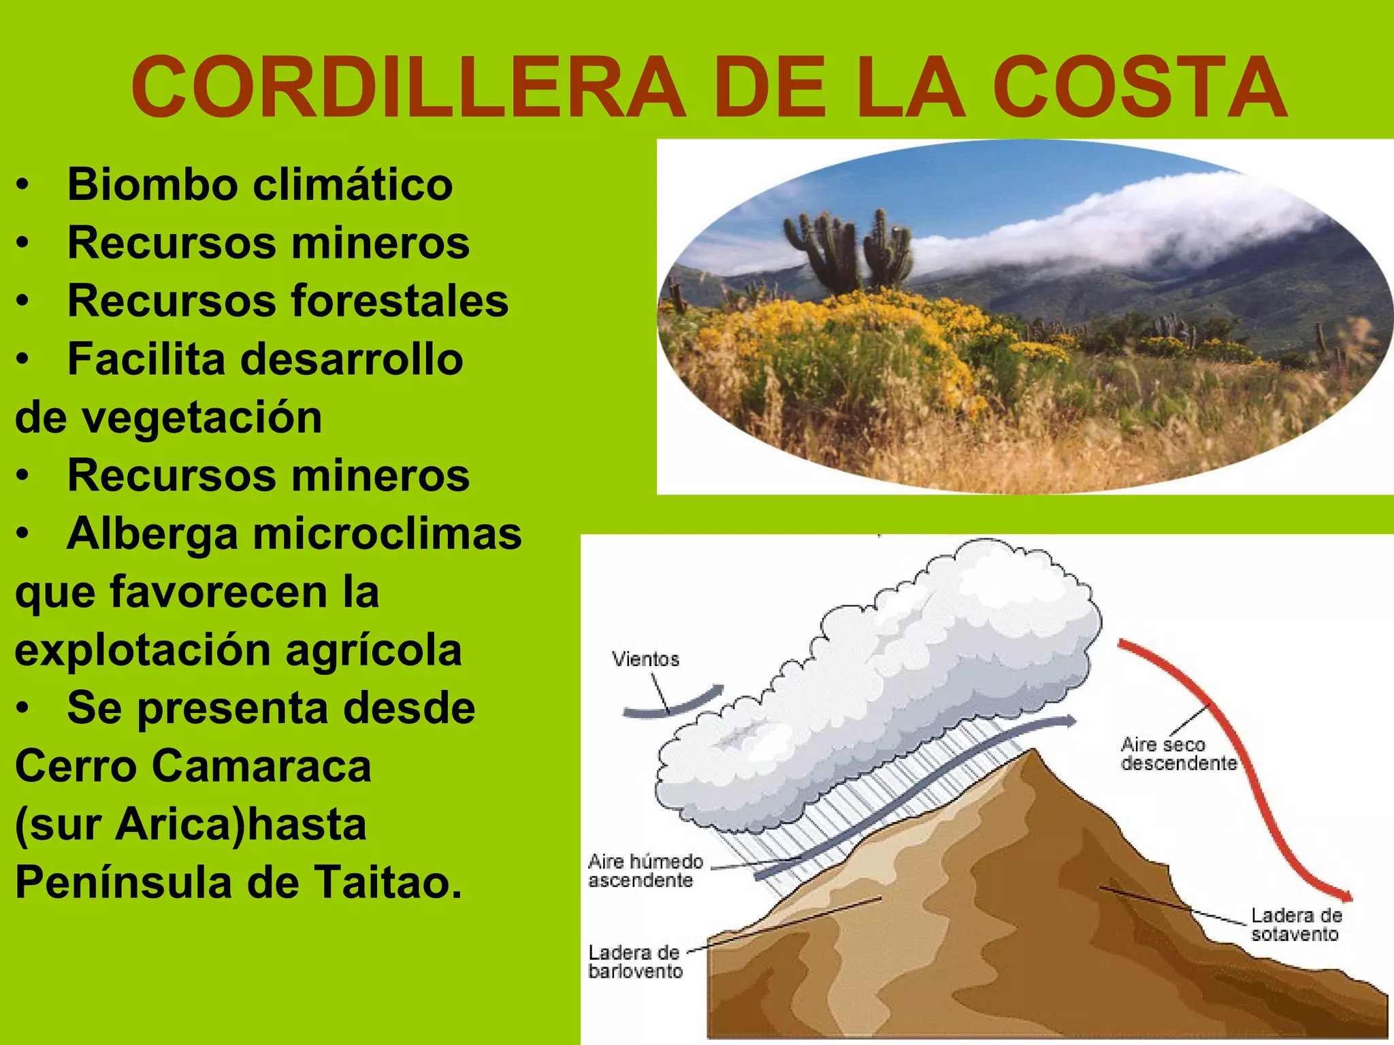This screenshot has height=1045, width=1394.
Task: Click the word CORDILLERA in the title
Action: pyautogui.click(x=408, y=88)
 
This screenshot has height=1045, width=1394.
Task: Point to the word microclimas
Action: pyautogui.click(x=387, y=533)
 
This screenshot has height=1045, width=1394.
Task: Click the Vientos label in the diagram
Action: pyautogui.click(x=645, y=659)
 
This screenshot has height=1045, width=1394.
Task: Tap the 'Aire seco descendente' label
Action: pyautogui.click(x=1178, y=754)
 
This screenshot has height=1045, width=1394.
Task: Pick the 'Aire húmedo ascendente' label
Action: pyautogui.click(x=645, y=871)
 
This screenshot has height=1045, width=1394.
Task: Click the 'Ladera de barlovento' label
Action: pyautogui.click(x=634, y=961)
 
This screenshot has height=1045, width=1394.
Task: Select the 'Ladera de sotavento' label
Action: pyautogui.click(x=1295, y=925)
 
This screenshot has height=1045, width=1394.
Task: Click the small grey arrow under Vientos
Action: pyautogui.click(x=674, y=704)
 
